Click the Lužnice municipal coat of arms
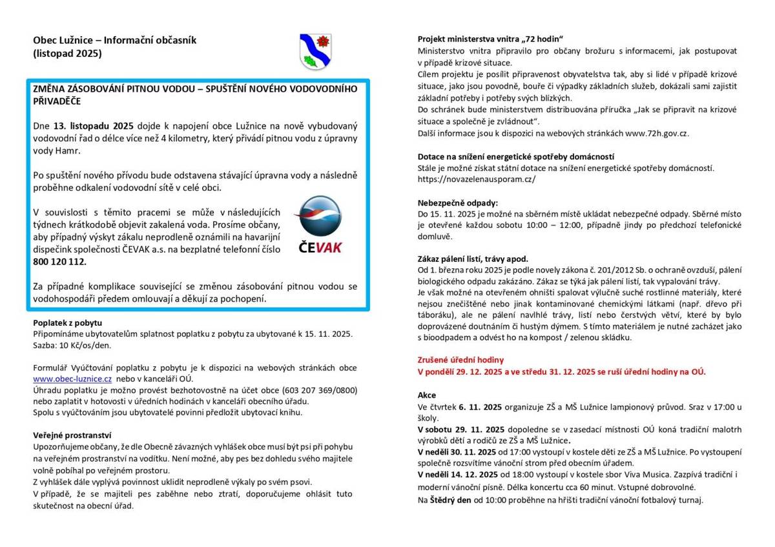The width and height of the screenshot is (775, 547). (315, 52)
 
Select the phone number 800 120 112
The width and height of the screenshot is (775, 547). (59, 263)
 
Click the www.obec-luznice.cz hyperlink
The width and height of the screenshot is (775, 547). (73, 379)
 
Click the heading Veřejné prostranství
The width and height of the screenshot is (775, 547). (72, 435)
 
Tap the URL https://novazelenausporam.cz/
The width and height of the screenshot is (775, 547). (477, 179)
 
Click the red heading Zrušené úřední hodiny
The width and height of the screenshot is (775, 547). (460, 360)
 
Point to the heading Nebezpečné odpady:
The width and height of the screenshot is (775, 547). (458, 201)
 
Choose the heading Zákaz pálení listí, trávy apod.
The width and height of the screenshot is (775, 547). (473, 257)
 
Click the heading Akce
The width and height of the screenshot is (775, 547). (427, 395)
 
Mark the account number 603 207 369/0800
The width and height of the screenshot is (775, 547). (308, 390)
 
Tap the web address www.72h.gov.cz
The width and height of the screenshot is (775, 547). (657, 133)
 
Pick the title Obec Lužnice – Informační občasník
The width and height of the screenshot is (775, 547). (114, 40)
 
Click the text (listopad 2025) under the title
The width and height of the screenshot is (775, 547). (67, 54)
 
